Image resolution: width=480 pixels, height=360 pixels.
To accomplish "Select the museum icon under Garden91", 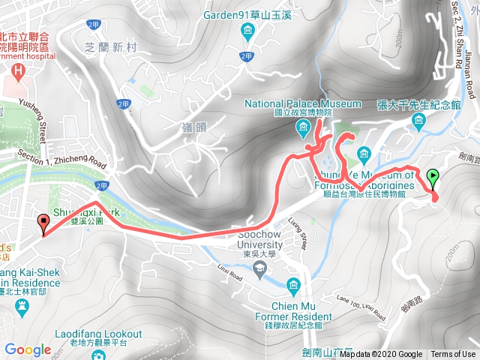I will click(247, 30).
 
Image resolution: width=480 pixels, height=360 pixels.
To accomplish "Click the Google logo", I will click(28, 349).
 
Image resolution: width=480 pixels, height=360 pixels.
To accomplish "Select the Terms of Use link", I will click(453, 355).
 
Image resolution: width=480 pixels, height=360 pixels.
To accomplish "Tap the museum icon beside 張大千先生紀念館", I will click(418, 120).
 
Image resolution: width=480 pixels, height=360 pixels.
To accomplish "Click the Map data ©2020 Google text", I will click(380, 355).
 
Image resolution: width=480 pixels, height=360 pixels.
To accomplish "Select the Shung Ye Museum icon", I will click(364, 159).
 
